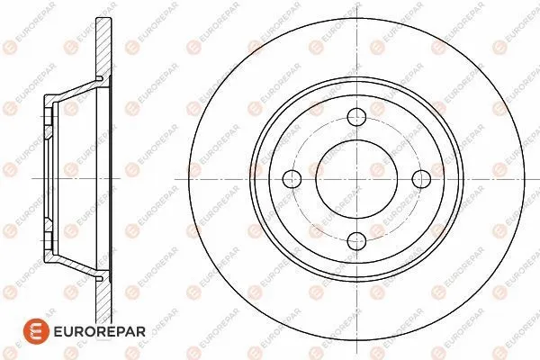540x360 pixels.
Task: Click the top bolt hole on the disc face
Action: point(356,117)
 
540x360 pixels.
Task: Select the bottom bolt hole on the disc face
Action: point(356,241)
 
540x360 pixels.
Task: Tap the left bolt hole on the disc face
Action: point(292,179)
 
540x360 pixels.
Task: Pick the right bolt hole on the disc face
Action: point(421,179)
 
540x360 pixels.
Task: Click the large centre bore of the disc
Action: point(356,179)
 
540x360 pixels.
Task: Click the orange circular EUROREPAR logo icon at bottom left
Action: point(36,331)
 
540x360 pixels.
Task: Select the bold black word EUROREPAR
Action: point(100,332)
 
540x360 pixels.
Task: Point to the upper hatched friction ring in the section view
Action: point(103,49)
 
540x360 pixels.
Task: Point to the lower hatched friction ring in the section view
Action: point(103,310)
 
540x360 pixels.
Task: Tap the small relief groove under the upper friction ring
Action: point(99,79)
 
